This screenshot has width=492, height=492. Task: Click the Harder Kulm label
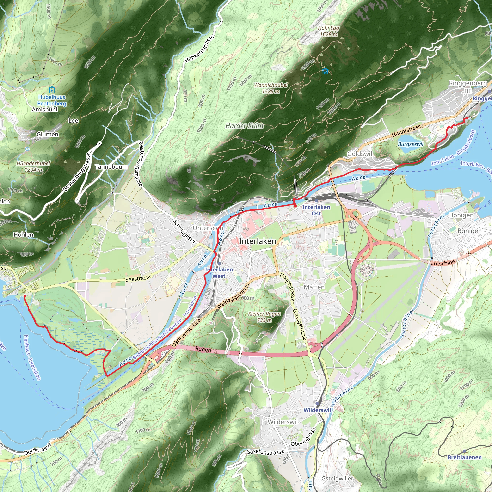(244, 126)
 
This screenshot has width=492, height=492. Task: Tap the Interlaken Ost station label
(316, 210)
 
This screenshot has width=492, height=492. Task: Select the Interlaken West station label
(219, 273)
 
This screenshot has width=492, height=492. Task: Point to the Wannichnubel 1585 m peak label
(271, 88)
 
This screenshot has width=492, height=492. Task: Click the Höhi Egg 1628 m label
(329, 31)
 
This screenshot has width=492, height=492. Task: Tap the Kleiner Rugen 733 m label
(264, 317)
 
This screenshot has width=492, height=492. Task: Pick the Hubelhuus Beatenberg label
(52, 100)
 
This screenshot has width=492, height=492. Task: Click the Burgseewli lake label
(411, 144)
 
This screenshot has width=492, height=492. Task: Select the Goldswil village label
(360, 154)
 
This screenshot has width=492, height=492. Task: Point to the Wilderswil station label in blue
(317, 410)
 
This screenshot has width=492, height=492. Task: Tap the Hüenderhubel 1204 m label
(33, 166)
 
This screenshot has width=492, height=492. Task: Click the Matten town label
(314, 287)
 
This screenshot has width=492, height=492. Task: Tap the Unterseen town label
(208, 228)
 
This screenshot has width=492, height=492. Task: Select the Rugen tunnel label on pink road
(203, 349)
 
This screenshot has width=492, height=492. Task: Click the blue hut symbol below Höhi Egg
(325, 71)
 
